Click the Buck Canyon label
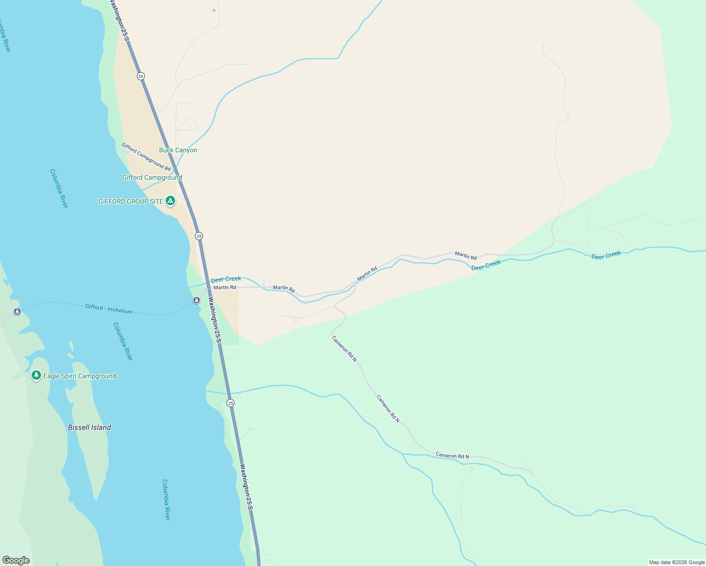coord(178,150)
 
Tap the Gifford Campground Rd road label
coord(146,157)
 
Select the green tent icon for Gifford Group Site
coord(170,201)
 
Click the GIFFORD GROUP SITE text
coord(131,202)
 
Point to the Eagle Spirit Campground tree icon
coord(36,375)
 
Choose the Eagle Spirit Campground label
coord(80,376)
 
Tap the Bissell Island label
coord(90,427)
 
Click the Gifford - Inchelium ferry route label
coord(109,309)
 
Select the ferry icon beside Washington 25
coord(196,300)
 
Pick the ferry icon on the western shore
coord(17,312)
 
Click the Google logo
coord(16,560)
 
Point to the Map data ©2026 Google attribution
coord(677,562)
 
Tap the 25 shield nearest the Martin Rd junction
coord(199,236)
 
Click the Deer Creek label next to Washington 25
coord(226,279)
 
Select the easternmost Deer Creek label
coord(606,255)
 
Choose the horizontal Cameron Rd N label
coord(452,456)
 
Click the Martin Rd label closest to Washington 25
coord(225,287)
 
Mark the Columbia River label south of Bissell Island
coord(166,500)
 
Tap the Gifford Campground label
coord(152,178)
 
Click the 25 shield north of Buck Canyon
coord(141,76)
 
